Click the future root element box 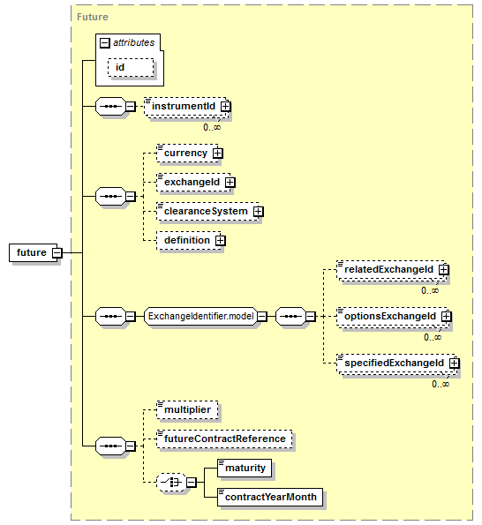coord(34,252)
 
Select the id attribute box coord(131,67)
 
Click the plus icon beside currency coord(218,154)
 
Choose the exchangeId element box coord(193,182)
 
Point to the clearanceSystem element coord(207,211)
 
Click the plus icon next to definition coord(221,240)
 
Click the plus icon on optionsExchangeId coord(446,317)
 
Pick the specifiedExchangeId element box coord(396,364)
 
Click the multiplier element coord(187,409)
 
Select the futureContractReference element coord(224,439)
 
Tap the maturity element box coord(245,468)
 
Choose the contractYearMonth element coord(270,498)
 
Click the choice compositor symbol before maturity coord(171,483)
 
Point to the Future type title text coord(93,17)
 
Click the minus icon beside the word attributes coord(105,43)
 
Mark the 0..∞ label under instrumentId coord(212,127)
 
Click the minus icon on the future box coord(57,252)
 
